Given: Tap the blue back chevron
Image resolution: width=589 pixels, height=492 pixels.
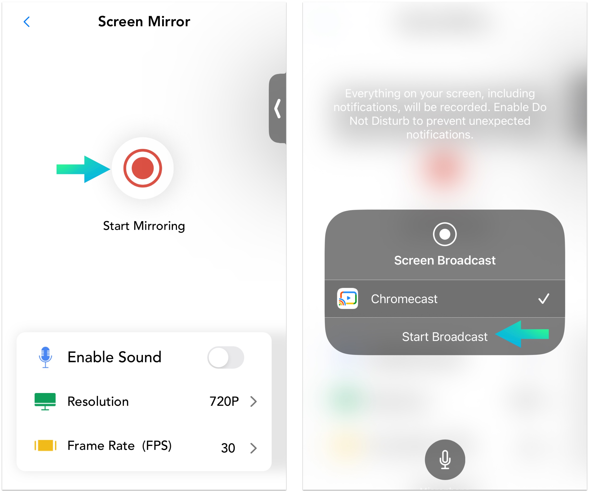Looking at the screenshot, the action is click(x=27, y=22).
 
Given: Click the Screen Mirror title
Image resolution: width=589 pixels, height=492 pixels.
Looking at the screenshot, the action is click(x=144, y=21).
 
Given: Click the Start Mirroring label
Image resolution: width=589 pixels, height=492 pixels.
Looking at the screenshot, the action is click(x=144, y=226).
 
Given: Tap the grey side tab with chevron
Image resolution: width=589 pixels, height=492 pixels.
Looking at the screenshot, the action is click(x=277, y=108).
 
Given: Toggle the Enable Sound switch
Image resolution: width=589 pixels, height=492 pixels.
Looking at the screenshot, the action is click(x=226, y=357).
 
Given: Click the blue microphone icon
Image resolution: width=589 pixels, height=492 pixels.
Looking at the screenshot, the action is click(x=45, y=357).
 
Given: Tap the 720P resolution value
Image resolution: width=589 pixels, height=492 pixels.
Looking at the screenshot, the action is click(x=224, y=401).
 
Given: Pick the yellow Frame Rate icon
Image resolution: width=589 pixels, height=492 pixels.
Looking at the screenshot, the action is click(x=45, y=446).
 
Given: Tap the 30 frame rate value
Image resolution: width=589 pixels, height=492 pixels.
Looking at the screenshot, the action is click(x=228, y=448).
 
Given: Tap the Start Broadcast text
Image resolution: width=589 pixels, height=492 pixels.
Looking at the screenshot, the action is click(x=445, y=337).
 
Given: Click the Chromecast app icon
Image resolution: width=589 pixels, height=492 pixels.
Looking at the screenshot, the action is click(x=348, y=299).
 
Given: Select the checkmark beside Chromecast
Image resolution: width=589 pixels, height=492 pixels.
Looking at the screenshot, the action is click(x=544, y=299).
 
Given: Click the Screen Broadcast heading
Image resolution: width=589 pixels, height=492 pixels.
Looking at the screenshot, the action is click(x=445, y=260).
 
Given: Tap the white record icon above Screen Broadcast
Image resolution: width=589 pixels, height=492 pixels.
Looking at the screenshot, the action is click(x=445, y=234).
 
